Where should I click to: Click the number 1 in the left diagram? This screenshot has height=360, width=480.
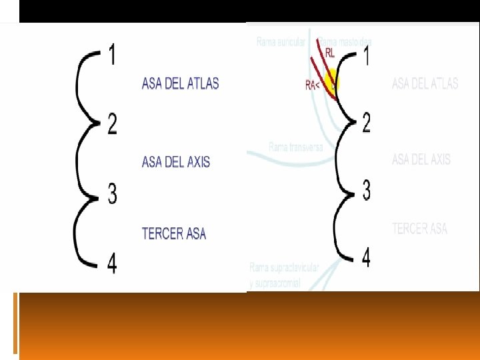pyautogui.click(x=112, y=54)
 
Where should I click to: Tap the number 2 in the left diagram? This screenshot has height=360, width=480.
pyautogui.click(x=112, y=123)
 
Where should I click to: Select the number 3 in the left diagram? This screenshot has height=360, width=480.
pyautogui.click(x=112, y=194)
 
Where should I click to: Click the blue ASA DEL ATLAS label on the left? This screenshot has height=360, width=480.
pyautogui.click(x=180, y=83)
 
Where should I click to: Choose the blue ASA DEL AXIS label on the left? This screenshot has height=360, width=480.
pyautogui.click(x=176, y=162)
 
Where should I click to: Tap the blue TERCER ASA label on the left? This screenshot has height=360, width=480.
pyautogui.click(x=174, y=233)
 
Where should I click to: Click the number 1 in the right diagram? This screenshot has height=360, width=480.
pyautogui.click(x=366, y=55)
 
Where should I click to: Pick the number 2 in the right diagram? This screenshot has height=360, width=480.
pyautogui.click(x=366, y=122)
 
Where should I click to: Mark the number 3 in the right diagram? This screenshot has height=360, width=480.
pyautogui.click(x=366, y=190)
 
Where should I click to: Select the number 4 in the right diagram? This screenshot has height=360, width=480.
pyautogui.click(x=366, y=257)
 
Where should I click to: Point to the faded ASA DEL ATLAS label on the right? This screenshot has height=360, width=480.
pyautogui.click(x=425, y=84)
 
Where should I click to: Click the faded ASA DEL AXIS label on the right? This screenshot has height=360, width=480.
pyautogui.click(x=421, y=159)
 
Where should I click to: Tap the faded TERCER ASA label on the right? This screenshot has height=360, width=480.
pyautogui.click(x=420, y=229)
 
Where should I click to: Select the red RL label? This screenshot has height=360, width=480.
pyautogui.click(x=330, y=53)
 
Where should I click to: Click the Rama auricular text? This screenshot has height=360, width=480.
pyautogui.click(x=281, y=42)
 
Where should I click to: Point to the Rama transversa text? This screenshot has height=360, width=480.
pyautogui.click(x=296, y=147)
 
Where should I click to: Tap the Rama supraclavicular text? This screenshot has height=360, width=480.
pyautogui.click(x=285, y=267)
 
